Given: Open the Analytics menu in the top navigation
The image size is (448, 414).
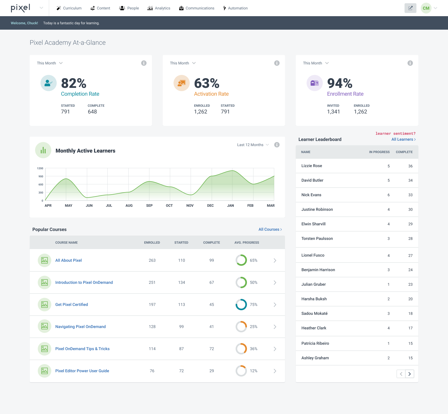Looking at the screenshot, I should coord(159,8).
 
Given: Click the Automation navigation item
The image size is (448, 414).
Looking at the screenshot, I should coord(235,8).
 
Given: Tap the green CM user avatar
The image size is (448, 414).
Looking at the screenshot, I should coord(426,8).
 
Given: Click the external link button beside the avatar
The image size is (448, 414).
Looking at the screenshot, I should coord(410,8).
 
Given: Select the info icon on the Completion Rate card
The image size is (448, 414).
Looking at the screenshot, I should coord(144,63).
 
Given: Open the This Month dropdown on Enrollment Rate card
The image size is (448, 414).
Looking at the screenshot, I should coord(316,63).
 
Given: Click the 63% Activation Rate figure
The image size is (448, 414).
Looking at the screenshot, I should coord(207,83).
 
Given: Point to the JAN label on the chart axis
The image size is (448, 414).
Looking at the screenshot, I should coord(230,205).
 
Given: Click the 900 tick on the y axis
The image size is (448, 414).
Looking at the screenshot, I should coord(41,176).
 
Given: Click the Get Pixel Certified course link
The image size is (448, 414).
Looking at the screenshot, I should coord(72,305).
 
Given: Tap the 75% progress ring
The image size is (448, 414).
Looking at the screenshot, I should coord(241,305).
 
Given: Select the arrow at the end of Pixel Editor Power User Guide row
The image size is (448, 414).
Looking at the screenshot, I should coord(275,371).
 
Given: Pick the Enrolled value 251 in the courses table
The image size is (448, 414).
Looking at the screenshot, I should coord(152,282).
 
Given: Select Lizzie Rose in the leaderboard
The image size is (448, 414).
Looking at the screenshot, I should coord(312,166).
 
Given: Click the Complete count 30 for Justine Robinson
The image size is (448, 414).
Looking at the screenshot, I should coord(410,209).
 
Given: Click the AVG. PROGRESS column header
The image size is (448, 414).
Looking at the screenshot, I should coord(247,243).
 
